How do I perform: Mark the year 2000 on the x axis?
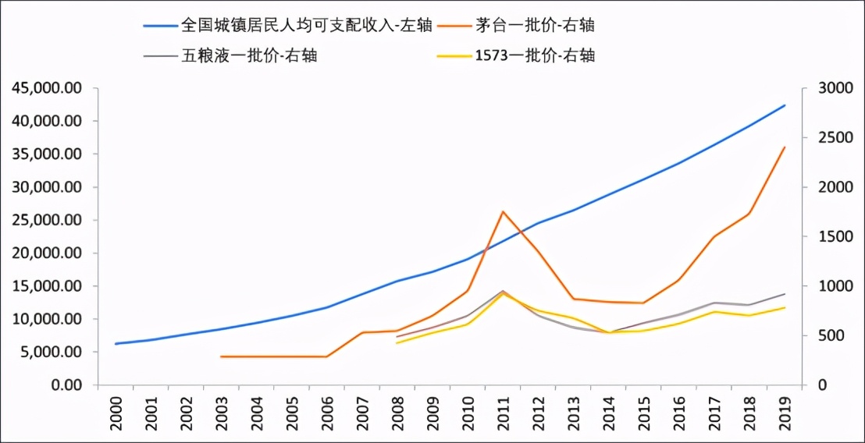tap(116, 410)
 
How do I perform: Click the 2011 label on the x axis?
tap(504, 410)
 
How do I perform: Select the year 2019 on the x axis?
tap(785, 410)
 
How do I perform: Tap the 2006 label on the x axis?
tap(327, 410)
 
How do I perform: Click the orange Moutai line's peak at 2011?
tap(504, 211)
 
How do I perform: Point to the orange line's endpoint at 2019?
tap(785, 147)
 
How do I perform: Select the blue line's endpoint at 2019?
tap(785, 105)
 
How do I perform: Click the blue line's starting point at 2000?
tap(116, 343)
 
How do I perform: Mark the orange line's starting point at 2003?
tap(222, 356)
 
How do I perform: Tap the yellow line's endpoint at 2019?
tap(785, 307)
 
